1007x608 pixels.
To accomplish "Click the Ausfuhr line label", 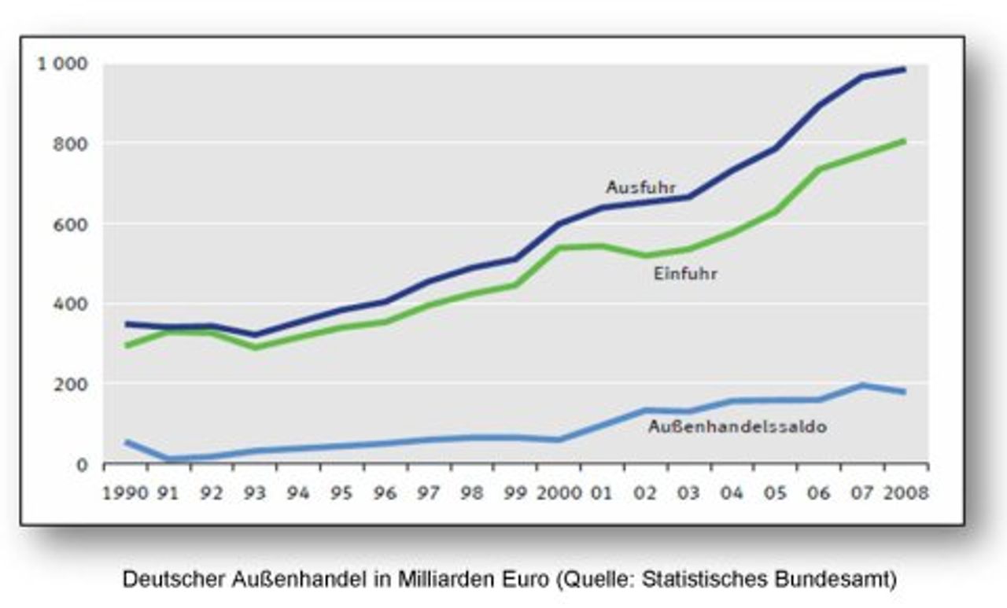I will tap(640, 187).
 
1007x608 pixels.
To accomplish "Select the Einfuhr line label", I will tap(685, 275).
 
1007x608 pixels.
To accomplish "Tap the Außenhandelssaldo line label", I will tap(737, 427).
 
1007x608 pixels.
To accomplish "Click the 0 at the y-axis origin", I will tap(82, 465).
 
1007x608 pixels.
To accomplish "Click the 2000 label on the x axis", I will tap(559, 493).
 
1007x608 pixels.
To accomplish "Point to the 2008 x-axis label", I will tap(906, 493).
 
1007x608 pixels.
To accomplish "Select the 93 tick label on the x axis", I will tap(255, 493).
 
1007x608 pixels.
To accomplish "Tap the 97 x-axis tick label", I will tap(428, 493).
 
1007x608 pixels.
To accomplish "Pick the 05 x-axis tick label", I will tap(776, 493).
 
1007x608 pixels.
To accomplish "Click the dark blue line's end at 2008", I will tap(904, 69).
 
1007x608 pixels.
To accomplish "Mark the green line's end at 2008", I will tap(904, 141).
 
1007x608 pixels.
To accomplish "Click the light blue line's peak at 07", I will tap(862, 385).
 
